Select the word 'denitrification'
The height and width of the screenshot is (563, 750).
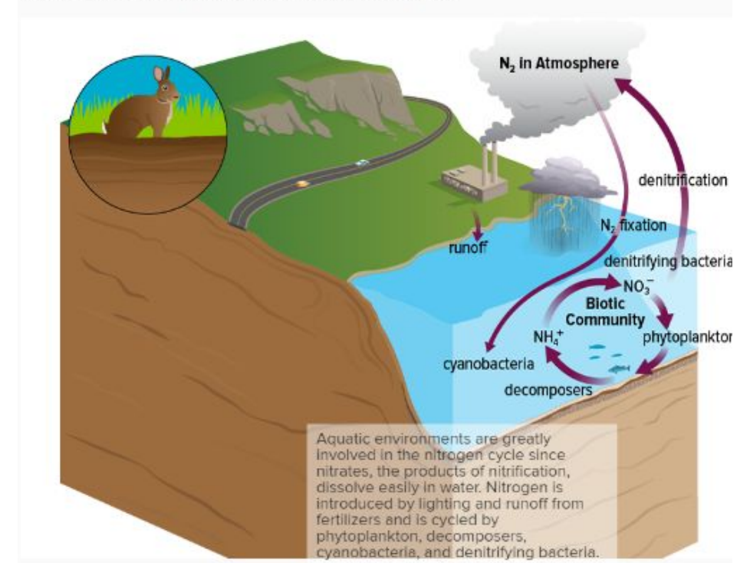click(x=683, y=180)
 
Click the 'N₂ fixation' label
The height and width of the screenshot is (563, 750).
click(x=633, y=226)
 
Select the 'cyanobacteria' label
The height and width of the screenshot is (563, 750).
click(x=478, y=363)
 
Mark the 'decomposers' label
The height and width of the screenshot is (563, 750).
click(x=548, y=390)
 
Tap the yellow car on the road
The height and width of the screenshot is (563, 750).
click(x=303, y=184)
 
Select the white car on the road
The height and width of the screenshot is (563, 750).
click(x=362, y=163)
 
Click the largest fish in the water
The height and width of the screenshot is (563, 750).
click(x=619, y=369)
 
